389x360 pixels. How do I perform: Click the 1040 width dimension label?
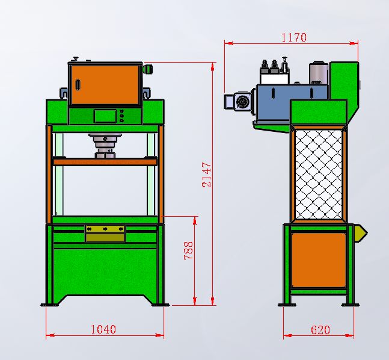103,329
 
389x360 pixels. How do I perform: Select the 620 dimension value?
320,330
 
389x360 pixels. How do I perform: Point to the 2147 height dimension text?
206,175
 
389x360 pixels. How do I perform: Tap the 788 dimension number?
188,250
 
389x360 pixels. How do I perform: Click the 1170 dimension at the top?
294,37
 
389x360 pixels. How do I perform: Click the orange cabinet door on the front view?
105,85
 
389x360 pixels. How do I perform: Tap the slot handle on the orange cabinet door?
78,85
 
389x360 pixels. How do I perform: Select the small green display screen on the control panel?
105,116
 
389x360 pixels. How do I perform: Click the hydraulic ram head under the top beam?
105,146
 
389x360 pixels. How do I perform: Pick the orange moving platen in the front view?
105,162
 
